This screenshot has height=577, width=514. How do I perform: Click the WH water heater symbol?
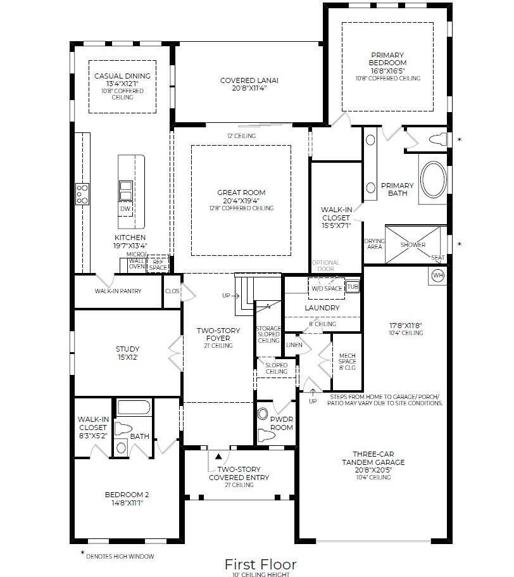[438, 276]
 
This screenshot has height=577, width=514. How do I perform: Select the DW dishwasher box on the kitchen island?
[125, 208]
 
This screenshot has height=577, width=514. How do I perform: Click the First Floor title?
[260, 564]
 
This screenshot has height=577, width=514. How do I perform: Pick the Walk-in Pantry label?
[118, 291]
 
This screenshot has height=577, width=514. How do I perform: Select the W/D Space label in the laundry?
[326, 289]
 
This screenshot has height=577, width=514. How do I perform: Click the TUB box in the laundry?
[352, 286]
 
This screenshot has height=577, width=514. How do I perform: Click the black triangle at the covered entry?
[218, 455]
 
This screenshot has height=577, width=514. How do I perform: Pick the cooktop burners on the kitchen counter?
[82, 193]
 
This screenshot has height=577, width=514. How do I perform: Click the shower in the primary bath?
[413, 244]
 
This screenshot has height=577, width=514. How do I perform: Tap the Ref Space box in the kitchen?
[158, 264]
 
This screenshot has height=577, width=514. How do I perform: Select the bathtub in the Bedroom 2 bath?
[134, 407]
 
